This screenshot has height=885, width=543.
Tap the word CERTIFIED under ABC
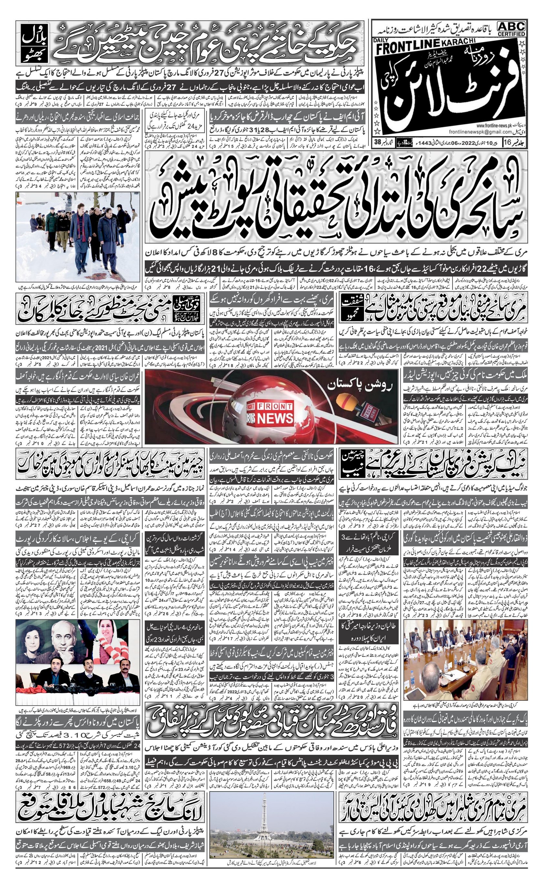click(x=511, y=34)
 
